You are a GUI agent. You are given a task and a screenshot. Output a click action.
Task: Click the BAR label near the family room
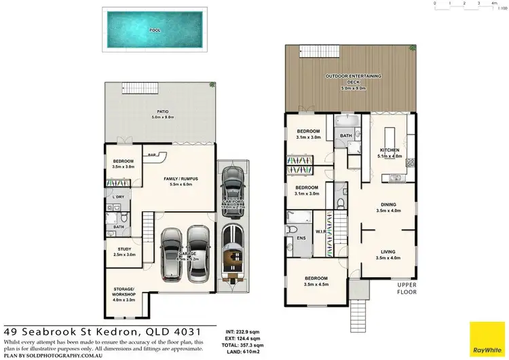153,154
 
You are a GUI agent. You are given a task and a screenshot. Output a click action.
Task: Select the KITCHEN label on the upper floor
389,149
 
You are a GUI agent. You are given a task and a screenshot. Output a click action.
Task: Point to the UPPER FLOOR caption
407,289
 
